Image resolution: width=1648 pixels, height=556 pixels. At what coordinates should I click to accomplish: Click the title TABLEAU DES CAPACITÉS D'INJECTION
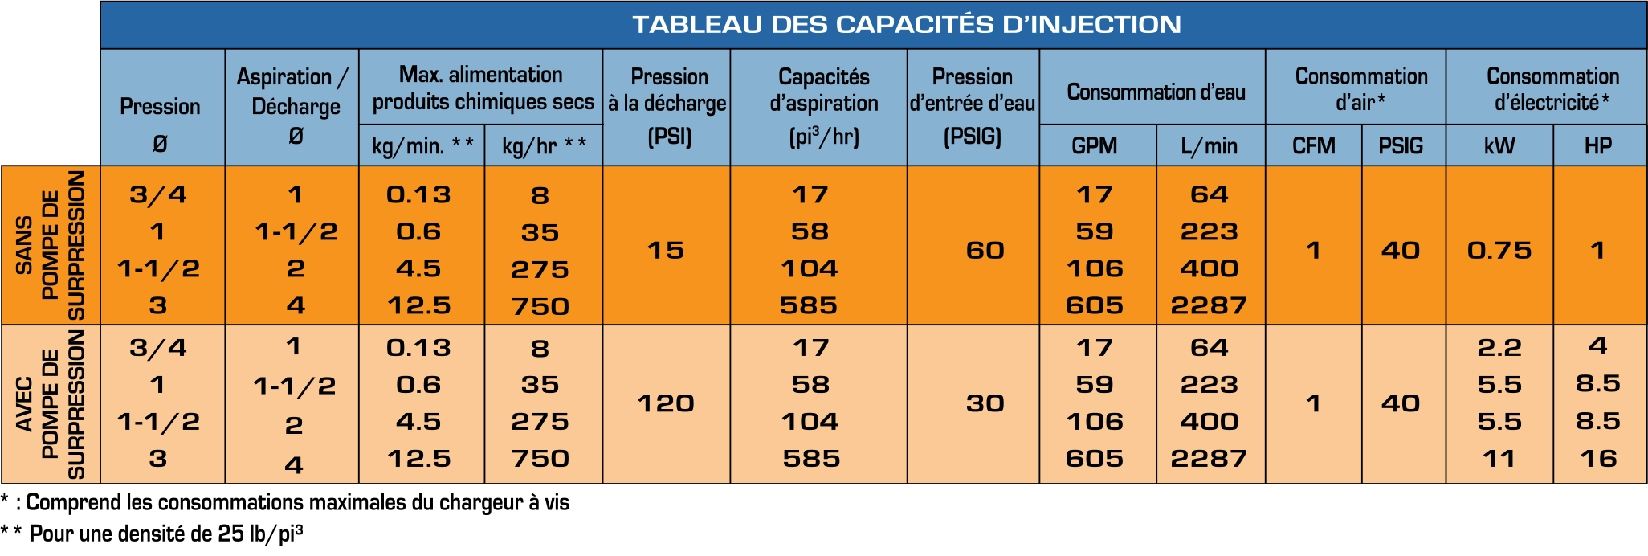pyautogui.click(x=906, y=25)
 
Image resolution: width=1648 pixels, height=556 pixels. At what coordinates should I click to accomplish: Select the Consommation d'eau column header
pyautogui.click(x=1155, y=92)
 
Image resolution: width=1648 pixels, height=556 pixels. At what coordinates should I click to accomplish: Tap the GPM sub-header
pyautogui.click(x=1094, y=146)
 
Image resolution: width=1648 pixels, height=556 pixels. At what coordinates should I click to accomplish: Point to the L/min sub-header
pyautogui.click(x=1209, y=146)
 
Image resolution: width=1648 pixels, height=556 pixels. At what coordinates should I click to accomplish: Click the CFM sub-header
pyautogui.click(x=1313, y=146)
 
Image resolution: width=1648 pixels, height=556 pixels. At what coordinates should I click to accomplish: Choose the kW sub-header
pyautogui.click(x=1499, y=146)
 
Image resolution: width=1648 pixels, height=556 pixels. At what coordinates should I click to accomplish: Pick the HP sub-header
pyautogui.click(x=1597, y=146)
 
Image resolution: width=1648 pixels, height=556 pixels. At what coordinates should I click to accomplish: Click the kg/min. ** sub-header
pyautogui.click(x=422, y=146)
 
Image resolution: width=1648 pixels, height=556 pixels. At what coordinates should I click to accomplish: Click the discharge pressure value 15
pyautogui.click(x=665, y=251)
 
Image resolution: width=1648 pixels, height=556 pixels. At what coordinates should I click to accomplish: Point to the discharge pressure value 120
pyautogui.click(x=665, y=403)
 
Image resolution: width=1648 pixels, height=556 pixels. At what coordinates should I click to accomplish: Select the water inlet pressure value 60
pyautogui.click(x=985, y=251)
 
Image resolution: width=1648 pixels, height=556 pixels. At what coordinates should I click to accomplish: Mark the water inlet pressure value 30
pyautogui.click(x=985, y=403)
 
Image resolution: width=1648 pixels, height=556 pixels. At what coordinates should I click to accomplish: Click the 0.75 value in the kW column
pyautogui.click(x=1499, y=251)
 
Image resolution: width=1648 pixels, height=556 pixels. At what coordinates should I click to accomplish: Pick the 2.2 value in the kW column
pyautogui.click(x=1499, y=348)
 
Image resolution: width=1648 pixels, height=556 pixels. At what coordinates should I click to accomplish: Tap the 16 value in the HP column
pyautogui.click(x=1597, y=459)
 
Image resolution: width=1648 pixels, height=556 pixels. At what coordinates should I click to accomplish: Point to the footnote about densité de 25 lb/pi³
pyautogui.click(x=153, y=534)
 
